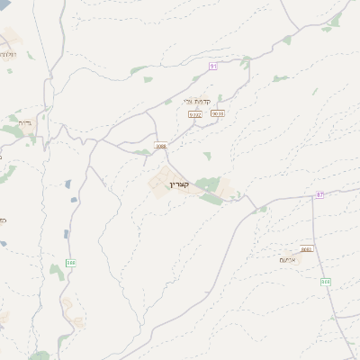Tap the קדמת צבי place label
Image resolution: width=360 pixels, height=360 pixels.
coord(196,102)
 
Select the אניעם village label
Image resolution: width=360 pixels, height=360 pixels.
coord(288,259)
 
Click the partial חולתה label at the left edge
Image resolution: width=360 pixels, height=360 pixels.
coord(7,54)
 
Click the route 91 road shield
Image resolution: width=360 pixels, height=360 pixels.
coord(213,67)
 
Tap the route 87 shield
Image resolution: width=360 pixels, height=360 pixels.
coord(319,195)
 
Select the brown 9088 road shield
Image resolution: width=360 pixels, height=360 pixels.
coord(160,145)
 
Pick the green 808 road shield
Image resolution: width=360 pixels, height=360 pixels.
coord(325,282)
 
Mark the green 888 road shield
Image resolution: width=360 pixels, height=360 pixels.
coord(70,263)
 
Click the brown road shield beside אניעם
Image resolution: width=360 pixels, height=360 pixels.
coord(307,248)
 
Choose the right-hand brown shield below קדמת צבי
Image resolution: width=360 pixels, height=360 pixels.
coord(217,113)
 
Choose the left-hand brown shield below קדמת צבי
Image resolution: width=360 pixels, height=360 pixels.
coord(194,114)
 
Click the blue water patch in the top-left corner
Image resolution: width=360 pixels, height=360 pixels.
coord(4,4)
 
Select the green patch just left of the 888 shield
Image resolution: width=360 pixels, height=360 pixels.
coord(56,269)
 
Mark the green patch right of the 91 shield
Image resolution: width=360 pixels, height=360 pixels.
coord(245,62)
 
